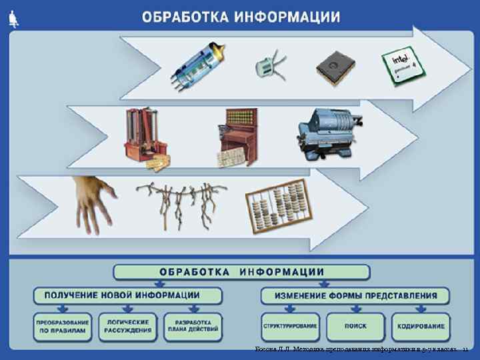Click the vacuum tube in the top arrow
[x=199, y=66]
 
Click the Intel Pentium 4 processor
[x=404, y=65]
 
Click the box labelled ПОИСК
[x=355, y=326]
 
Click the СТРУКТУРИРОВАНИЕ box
[x=290, y=326]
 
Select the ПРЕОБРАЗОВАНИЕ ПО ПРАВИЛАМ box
[x=61, y=326]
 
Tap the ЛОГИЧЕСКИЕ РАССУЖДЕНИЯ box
[x=127, y=326]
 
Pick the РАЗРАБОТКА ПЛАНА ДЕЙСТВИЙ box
[x=193, y=326]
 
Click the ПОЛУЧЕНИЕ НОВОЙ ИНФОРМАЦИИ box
[x=127, y=295]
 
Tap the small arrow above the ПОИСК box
[x=355, y=309]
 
